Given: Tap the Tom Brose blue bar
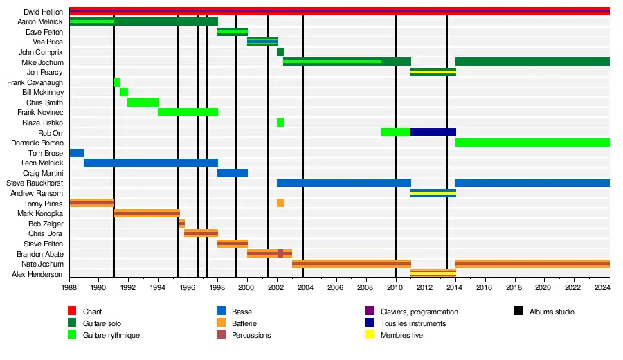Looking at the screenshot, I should tap(77, 153).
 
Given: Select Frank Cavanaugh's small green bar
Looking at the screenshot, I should tap(117, 82).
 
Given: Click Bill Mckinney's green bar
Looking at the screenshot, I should tap(124, 92).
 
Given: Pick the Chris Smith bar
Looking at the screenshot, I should tap(143, 102).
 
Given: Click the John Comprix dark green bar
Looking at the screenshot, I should tap(280, 52).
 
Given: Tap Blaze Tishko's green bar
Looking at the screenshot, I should tap(280, 123).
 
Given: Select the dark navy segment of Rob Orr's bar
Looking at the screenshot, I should tap(433, 132).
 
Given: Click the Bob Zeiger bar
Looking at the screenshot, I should tap(182, 224).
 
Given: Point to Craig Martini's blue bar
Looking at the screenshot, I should tap(233, 173).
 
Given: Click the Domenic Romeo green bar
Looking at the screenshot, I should tap(532, 143).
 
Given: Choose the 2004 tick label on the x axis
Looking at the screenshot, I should tap(306, 287).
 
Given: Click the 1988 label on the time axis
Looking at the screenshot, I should tap(69, 287).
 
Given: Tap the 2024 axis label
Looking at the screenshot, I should tap(602, 287).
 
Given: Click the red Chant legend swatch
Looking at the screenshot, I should tap(72, 312).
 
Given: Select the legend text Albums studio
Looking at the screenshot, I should tap(552, 312).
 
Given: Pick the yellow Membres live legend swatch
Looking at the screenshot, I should tap(370, 335).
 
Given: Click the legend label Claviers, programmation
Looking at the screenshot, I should tap(419, 312).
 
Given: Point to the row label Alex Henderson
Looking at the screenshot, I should tap(42, 274).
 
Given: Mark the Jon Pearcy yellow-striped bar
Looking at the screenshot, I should tap(433, 72).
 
